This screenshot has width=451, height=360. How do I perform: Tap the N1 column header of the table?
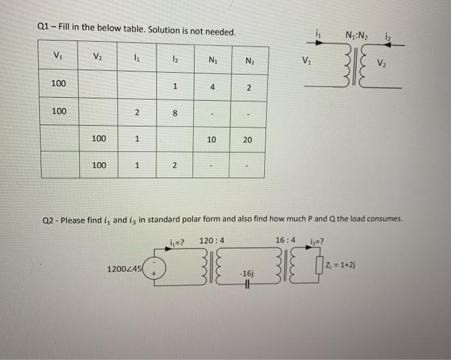coord(213,62)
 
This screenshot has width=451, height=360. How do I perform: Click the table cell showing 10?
coord(213,140)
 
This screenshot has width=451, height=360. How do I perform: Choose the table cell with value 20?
coord(248,140)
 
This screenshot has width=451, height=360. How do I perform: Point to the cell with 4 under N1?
coord(212,87)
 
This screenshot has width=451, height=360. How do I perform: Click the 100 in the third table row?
coord(98,138)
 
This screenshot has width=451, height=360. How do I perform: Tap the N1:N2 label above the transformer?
coord(358,35)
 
